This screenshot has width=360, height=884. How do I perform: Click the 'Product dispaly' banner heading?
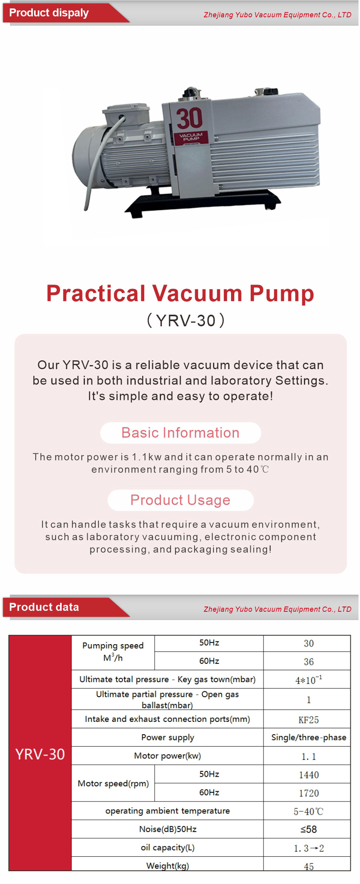point(49,13)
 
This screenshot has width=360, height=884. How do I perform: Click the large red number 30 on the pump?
point(189,118)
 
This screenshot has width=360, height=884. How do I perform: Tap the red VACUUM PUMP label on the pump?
point(191,137)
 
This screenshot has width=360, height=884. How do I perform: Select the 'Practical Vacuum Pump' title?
point(180,293)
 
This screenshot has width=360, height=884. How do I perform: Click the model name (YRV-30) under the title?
point(186,321)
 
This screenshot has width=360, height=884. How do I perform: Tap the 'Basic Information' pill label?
point(180,433)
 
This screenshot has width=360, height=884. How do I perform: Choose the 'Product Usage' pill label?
point(180,500)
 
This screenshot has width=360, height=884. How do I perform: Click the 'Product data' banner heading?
point(44,607)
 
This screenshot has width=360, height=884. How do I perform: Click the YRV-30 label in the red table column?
point(40,754)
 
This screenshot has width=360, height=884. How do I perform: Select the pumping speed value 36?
point(309,662)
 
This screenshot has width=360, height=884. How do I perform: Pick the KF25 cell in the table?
point(309,720)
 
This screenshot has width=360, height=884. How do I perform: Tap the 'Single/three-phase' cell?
point(309,737)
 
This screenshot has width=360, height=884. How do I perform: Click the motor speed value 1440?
point(309,775)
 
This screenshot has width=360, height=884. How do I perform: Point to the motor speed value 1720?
point(309,793)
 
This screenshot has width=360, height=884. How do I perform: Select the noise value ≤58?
point(309,830)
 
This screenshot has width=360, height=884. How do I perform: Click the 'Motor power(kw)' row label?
point(167,756)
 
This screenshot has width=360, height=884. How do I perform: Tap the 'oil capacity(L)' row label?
point(167,848)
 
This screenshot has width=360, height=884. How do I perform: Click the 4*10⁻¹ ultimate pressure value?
point(309,679)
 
